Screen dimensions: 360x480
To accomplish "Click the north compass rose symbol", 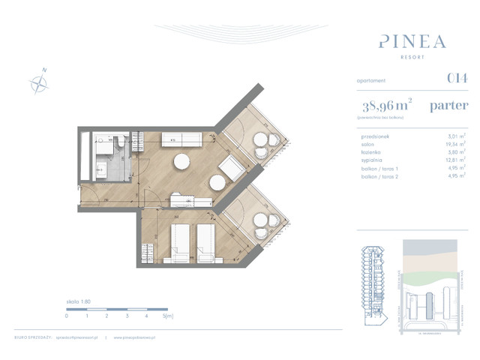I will [38, 82].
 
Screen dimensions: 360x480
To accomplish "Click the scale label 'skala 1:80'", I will [77, 299].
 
